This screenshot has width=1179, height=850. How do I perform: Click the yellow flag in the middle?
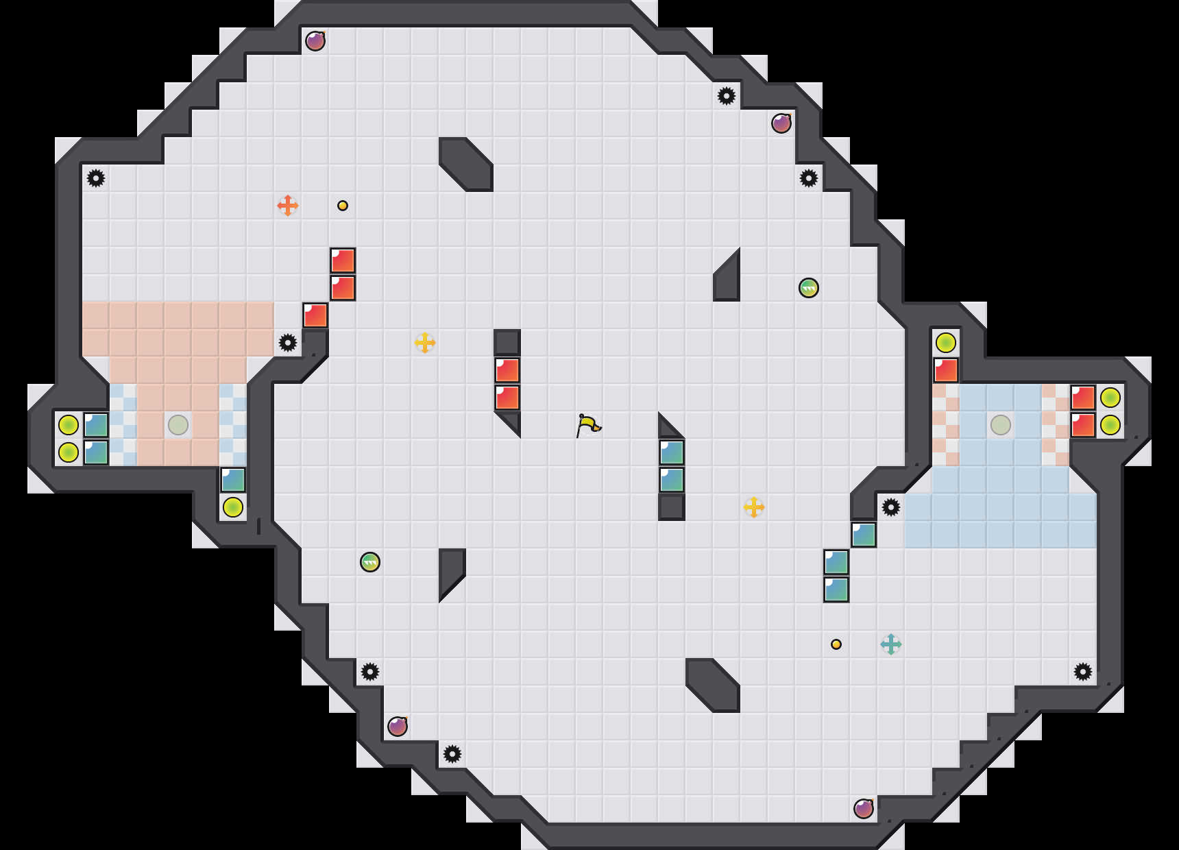[588, 425]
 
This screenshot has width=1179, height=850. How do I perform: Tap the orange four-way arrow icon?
[288, 206]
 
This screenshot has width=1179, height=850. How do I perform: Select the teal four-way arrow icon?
[891, 644]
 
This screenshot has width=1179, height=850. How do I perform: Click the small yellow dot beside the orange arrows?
[343, 206]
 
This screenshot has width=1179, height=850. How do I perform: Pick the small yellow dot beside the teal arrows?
[836, 644]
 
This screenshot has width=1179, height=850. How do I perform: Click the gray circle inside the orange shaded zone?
[178, 425]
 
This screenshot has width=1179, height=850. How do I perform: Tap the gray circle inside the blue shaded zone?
[1001, 425]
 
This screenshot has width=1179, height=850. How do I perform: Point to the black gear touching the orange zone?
[288, 343]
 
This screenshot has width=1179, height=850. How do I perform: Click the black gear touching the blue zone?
[891, 507]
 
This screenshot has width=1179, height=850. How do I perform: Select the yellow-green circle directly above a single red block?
[946, 343]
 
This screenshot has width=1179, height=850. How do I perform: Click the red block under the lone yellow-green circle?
[946, 370]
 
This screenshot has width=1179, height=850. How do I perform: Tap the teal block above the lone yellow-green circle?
[233, 480]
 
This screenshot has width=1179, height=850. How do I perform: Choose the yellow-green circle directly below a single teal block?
[233, 507]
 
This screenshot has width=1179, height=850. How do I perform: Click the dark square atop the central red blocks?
[507, 343]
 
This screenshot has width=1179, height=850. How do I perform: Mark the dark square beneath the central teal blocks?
[672, 507]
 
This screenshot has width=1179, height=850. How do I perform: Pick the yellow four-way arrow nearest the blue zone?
[754, 507]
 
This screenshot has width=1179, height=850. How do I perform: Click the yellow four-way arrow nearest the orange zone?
[425, 343]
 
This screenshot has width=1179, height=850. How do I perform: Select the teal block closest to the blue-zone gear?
[864, 535]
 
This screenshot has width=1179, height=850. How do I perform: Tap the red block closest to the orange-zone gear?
[315, 315]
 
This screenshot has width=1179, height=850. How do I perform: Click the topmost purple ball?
[315, 41]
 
